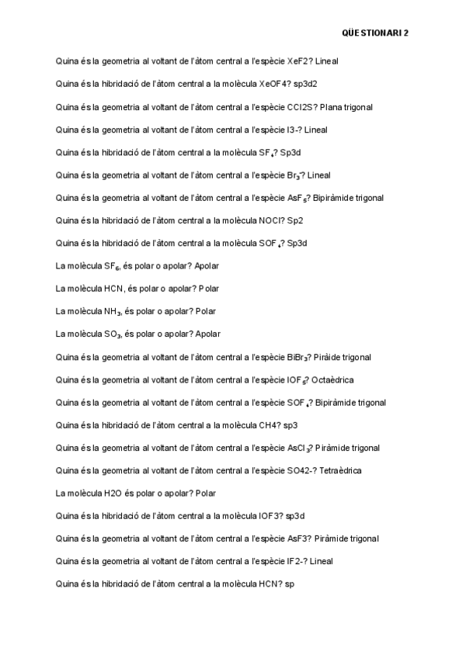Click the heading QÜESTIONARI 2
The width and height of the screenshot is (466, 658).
(375, 33)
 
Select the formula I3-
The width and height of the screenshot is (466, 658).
(294, 130)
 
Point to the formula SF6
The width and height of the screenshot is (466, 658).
(113, 266)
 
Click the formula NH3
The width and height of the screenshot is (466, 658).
(113, 311)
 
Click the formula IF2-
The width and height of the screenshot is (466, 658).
(296, 561)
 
